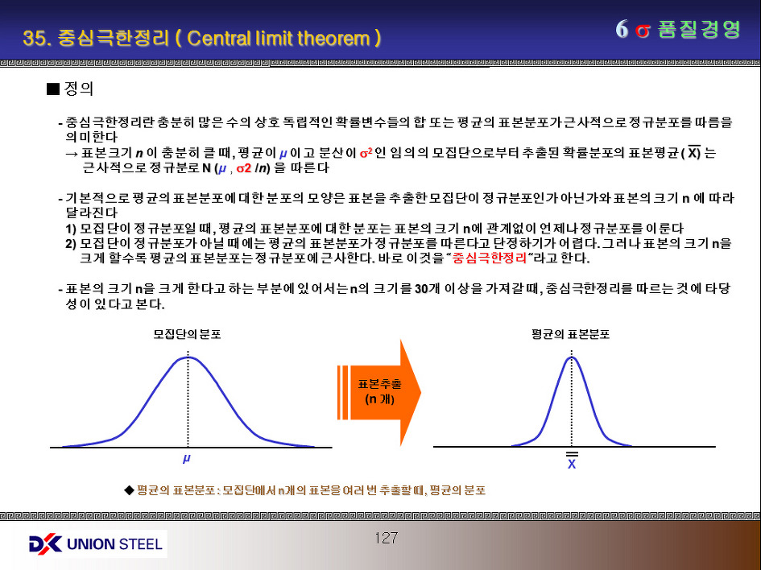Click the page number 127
[387, 538]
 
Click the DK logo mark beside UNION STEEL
[45, 543]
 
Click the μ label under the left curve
[186, 458]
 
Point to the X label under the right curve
[572, 461]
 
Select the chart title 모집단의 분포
[187, 334]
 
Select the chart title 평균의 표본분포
[570, 334]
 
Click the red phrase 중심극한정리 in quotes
[490, 258]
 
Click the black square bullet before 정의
[52, 89]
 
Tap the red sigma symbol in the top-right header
[643, 31]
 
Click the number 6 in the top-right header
[622, 30]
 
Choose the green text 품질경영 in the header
[699, 30]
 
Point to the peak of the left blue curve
[188, 357]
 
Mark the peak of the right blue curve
[572, 357]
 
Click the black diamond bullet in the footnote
[129, 490]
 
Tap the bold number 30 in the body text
[421, 289]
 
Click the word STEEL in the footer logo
[140, 543]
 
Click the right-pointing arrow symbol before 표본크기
[72, 153]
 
